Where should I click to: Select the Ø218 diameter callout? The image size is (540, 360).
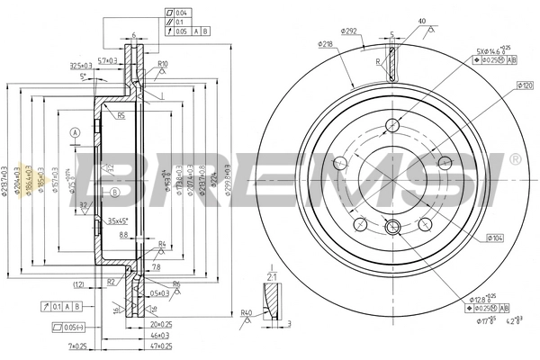pos(326,43)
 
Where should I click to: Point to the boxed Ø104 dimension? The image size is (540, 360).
pos(498,238)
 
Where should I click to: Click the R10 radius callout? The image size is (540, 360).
pos(163,65)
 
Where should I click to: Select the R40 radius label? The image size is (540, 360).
pos(246,312)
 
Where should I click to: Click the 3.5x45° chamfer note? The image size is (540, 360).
pos(118,220)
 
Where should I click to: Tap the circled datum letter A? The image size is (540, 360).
pos(76,132)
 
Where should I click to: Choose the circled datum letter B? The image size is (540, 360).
pos(114,193)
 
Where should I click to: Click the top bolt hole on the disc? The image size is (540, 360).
pos(391,125)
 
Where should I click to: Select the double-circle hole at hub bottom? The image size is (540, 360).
pos(391,227)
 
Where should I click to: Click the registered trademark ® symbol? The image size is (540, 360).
pos(514,158)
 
